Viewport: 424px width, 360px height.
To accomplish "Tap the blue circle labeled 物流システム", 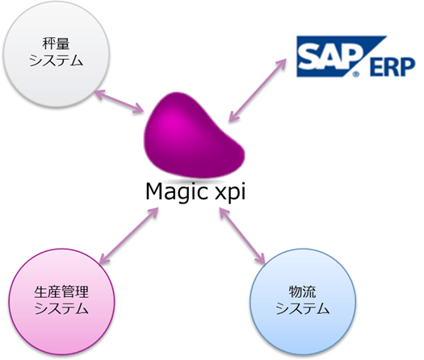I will [x=302, y=301].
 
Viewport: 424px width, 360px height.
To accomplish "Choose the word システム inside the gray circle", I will [x=53, y=61].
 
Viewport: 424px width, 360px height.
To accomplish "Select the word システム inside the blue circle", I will [x=302, y=309].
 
